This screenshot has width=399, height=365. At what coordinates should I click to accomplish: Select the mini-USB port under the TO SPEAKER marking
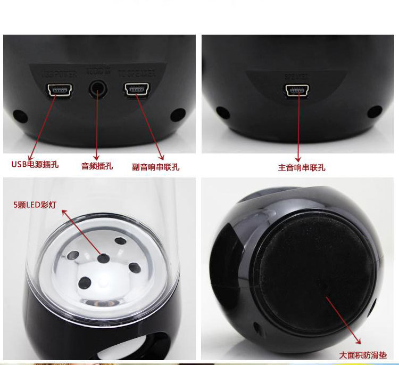coord(136,91)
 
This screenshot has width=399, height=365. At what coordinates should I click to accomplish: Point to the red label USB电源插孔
coord(35,164)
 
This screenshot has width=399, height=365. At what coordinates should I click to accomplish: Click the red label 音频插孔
coord(97,166)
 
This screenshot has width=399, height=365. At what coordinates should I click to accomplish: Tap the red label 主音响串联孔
coord(302,167)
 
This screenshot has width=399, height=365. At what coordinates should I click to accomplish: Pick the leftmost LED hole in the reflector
coord(73,254)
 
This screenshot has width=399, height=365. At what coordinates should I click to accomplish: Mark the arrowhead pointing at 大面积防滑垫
coord(359,341)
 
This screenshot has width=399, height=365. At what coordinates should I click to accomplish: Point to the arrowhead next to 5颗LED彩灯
coord(66,213)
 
